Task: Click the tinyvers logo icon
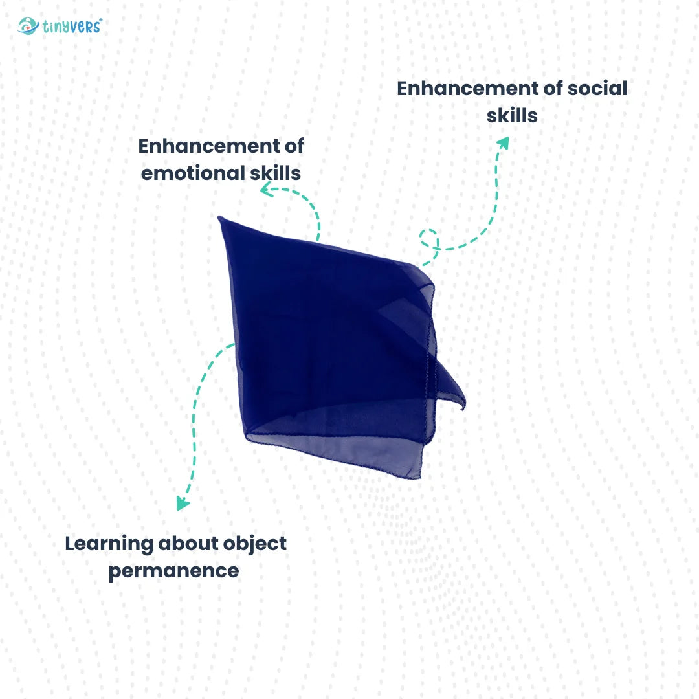pyautogui.click(x=28, y=26)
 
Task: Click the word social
pyautogui.click(x=597, y=88)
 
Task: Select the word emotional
pyautogui.click(x=193, y=173)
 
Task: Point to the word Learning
pyautogui.click(x=109, y=544)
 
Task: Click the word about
pyautogui.click(x=188, y=544)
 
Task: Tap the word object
pyautogui.click(x=254, y=544)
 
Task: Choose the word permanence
pyautogui.click(x=174, y=571)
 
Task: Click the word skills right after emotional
pyautogui.click(x=276, y=173)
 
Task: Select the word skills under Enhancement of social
pyautogui.click(x=512, y=115)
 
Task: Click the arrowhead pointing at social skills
pyautogui.click(x=504, y=142)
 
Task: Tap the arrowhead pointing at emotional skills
pyautogui.click(x=266, y=190)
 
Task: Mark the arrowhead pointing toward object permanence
pyautogui.click(x=183, y=504)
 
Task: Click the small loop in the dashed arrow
pyautogui.click(x=429, y=238)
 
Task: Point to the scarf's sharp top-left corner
pyautogui.click(x=220, y=217)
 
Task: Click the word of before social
pyautogui.click(x=553, y=88)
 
